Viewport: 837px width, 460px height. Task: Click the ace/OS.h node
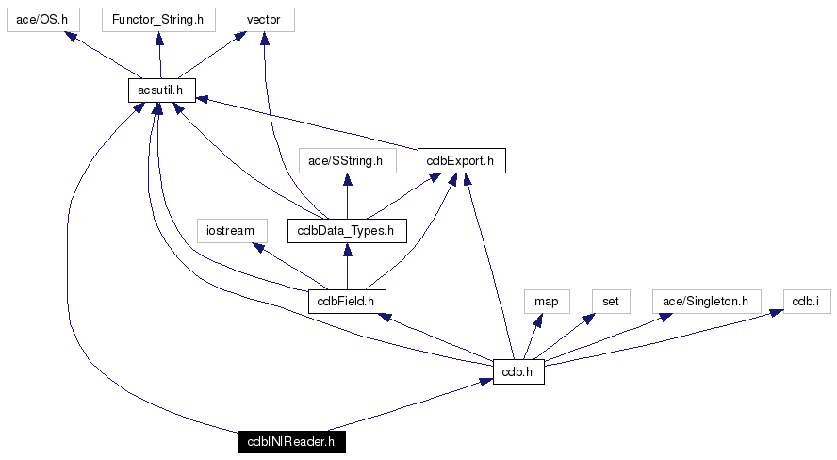[43, 19]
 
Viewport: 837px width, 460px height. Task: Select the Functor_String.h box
[158, 19]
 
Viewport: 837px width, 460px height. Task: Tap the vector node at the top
[264, 19]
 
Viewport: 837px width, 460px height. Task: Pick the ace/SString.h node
[347, 161]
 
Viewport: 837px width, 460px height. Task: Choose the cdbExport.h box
[461, 161]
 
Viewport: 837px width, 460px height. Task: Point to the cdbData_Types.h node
[347, 230]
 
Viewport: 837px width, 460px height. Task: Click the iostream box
[231, 230]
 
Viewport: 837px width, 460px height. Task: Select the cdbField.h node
[347, 301]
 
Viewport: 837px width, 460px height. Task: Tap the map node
[547, 301]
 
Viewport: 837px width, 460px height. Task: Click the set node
[611, 301]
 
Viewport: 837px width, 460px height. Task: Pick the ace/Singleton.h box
[706, 301]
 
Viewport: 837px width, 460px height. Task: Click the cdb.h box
[518, 371]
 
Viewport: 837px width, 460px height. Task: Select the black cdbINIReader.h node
[291, 441]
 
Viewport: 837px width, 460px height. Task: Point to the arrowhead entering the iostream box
[257, 247]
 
